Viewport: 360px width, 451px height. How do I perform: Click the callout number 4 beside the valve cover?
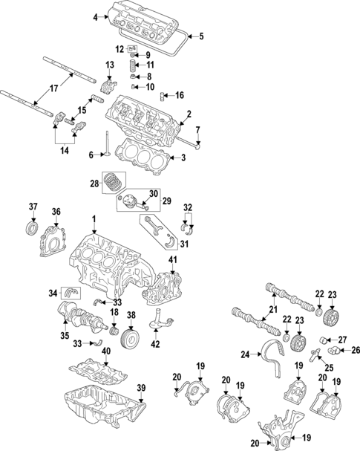95,16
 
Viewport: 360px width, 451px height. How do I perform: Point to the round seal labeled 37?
33,227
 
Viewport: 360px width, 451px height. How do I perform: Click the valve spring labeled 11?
132,65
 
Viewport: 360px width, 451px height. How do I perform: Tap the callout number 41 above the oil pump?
172,259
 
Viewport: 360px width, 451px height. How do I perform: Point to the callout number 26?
353,351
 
